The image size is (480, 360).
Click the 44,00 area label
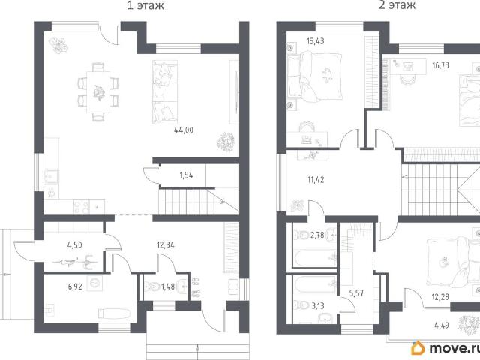point(184,130)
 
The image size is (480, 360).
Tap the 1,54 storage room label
point(186,175)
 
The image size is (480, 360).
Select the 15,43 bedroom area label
point(315,41)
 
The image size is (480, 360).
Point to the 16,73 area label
point(440,65)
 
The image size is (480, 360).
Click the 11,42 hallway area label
point(316,180)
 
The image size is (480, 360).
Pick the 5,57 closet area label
point(356,293)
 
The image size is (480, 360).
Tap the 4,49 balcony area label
point(442,325)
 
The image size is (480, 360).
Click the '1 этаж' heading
point(145,5)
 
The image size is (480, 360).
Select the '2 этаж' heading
point(397,5)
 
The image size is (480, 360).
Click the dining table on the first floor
point(98,91)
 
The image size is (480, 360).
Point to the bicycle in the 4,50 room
point(75,262)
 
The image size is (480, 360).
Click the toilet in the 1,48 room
point(151,286)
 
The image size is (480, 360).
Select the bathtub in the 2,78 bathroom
point(315,259)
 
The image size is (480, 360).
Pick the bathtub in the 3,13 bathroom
point(315,284)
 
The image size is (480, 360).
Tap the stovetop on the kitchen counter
point(82,207)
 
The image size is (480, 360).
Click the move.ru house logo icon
point(418,348)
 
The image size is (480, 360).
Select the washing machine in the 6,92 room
point(94,283)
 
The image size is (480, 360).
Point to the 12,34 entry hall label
point(165,245)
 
